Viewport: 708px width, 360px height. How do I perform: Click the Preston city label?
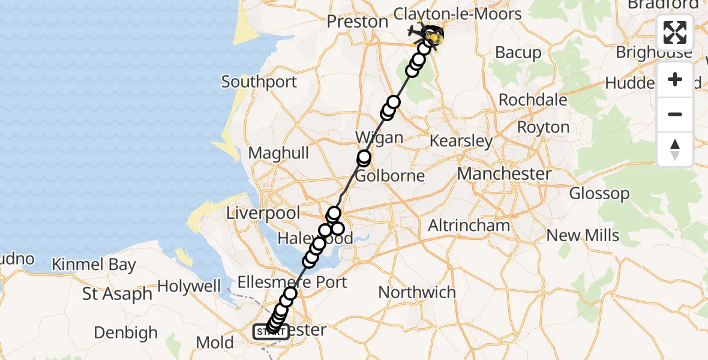[x=357, y=22]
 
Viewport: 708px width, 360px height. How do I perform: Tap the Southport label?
[x=259, y=82]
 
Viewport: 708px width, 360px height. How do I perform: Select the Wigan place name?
[x=379, y=137]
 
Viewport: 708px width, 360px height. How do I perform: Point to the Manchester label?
[x=504, y=174]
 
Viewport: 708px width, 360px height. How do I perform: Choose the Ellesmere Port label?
[x=292, y=282]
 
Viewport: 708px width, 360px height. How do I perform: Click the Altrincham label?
[x=469, y=226]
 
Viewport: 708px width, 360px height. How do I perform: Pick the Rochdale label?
[x=533, y=100]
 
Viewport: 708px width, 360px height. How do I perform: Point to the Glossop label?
[x=599, y=194]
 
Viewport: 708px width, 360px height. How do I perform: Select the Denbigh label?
[x=126, y=332]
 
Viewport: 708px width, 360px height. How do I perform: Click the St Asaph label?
[x=117, y=295]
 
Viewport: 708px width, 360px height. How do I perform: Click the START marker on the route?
[x=271, y=332]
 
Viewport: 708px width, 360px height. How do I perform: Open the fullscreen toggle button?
[x=675, y=32]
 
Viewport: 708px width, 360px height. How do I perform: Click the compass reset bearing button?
[x=675, y=149]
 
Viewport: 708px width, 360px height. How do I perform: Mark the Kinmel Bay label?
[x=94, y=265]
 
